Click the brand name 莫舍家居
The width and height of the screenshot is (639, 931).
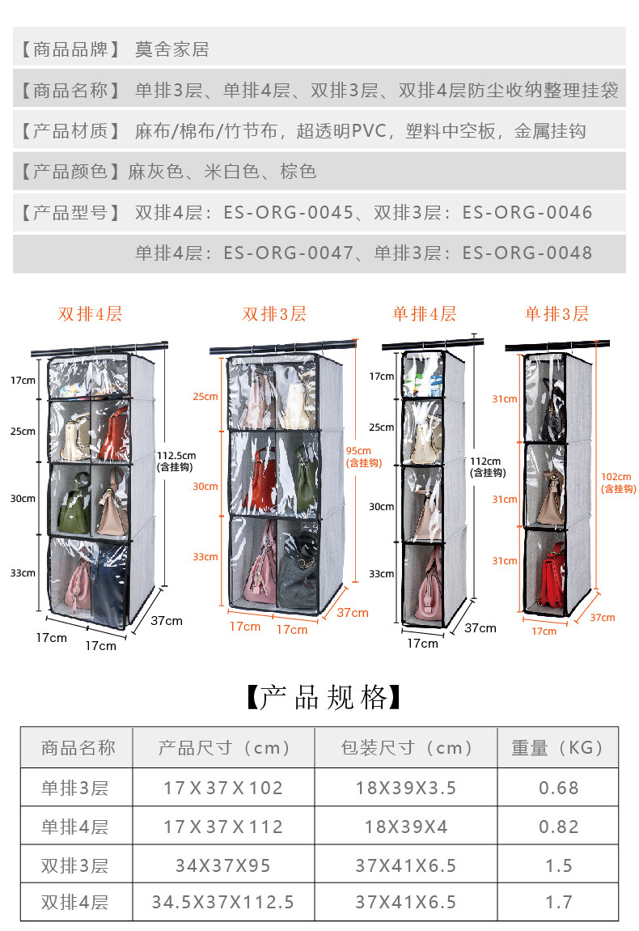click(x=171, y=49)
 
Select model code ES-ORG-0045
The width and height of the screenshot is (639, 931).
click(x=289, y=213)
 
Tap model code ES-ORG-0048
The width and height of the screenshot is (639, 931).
click(x=527, y=253)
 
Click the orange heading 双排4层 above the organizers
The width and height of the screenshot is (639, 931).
click(x=90, y=314)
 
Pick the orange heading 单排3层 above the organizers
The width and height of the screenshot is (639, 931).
click(x=556, y=314)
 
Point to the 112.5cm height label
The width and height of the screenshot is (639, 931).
click(x=176, y=455)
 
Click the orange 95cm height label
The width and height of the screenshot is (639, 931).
click(x=358, y=451)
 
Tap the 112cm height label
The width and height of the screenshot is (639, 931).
click(x=489, y=461)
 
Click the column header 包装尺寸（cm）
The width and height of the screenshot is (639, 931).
click(x=406, y=747)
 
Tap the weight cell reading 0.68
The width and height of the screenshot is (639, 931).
click(x=558, y=787)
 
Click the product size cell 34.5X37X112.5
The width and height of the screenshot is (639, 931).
click(x=223, y=902)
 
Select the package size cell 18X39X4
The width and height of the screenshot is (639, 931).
click(x=406, y=827)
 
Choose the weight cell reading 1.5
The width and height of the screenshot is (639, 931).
click(x=558, y=865)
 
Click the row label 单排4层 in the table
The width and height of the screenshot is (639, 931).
click(x=74, y=827)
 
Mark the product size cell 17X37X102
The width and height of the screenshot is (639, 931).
click(x=223, y=787)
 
